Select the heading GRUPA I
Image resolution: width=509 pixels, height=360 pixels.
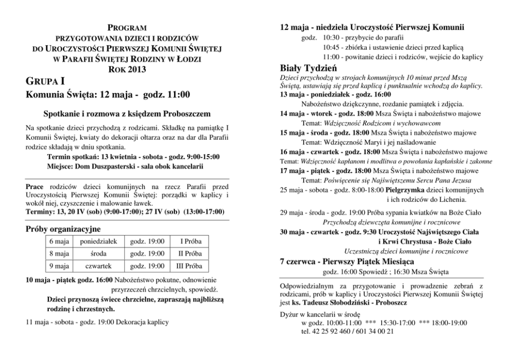[46, 81]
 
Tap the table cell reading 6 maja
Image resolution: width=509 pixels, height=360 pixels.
[60, 241]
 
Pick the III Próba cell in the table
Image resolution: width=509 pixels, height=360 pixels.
[189, 266]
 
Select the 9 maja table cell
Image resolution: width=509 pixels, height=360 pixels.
[60, 266]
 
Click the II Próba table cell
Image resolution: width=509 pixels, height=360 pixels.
[190, 254]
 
